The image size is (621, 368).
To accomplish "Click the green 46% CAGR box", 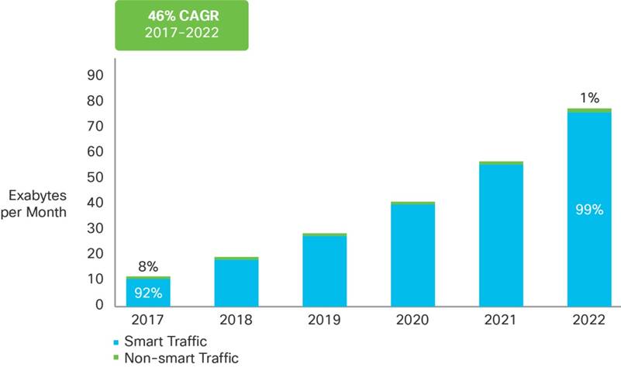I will coord(181,26).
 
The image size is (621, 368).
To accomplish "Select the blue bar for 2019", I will coord(325,270).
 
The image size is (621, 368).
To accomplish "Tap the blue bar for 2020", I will coord(412,254).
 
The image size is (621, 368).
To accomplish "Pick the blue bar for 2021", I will coord(501,234).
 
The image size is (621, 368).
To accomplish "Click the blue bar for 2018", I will coord(236,282).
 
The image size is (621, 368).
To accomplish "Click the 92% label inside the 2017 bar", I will coord(148,293).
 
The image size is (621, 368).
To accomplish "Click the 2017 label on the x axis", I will coord(148,319).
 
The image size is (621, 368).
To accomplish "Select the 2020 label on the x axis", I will coord(412,319).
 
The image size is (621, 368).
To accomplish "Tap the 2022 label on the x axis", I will coord(589,319).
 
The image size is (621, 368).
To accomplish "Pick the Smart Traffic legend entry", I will coord(160,341).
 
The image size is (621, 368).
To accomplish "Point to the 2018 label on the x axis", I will coord(236,319).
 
